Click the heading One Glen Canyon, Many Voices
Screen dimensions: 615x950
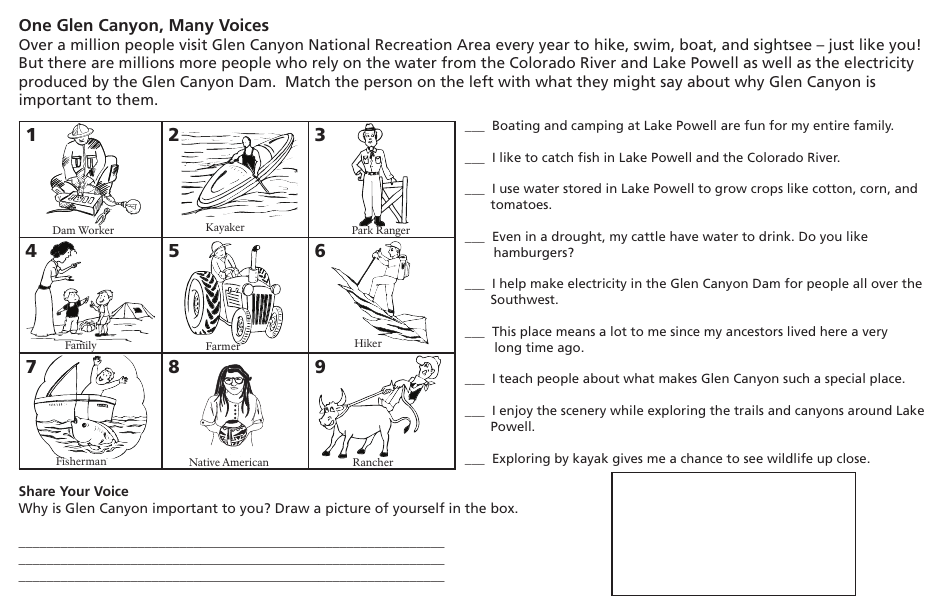[x=144, y=25]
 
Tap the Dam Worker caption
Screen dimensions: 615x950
[x=83, y=230]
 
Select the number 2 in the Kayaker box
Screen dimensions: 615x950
[x=174, y=135]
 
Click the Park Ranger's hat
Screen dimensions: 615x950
[x=371, y=133]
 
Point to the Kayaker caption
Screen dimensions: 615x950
[x=225, y=227]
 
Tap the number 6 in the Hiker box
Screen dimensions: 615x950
[x=320, y=251]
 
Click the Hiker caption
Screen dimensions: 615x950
[x=368, y=343]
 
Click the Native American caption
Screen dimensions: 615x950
[x=229, y=462]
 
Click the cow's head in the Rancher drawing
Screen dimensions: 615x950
[x=332, y=409]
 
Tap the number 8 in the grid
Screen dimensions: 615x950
[x=174, y=367]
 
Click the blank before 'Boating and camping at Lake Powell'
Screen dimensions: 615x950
[x=474, y=128]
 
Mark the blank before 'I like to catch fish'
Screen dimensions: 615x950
[x=474, y=160]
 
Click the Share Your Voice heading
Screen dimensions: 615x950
[x=73, y=491]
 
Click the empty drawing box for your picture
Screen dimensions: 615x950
[x=733, y=533]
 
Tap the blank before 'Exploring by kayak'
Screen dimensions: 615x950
[x=474, y=461]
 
